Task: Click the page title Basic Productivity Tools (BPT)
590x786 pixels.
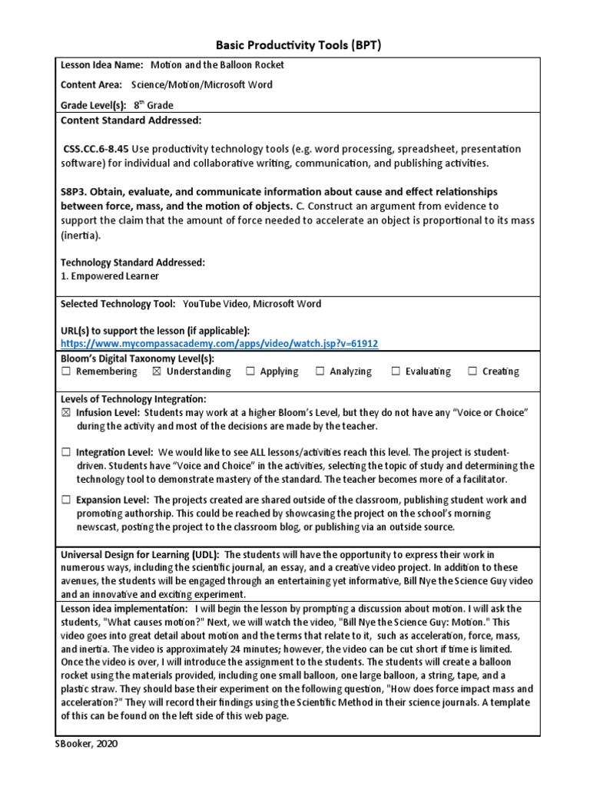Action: coord(295,46)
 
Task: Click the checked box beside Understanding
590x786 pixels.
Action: coord(157,372)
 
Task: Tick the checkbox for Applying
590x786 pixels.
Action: coord(250,372)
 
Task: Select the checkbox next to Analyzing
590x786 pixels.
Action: coord(320,372)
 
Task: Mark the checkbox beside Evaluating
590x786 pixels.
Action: coord(396,372)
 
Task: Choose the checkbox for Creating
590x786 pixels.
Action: coord(472,372)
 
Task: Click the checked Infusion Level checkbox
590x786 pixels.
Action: coord(66,413)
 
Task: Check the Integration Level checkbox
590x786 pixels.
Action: coord(66,454)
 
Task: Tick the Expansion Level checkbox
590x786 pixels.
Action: coord(66,500)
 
